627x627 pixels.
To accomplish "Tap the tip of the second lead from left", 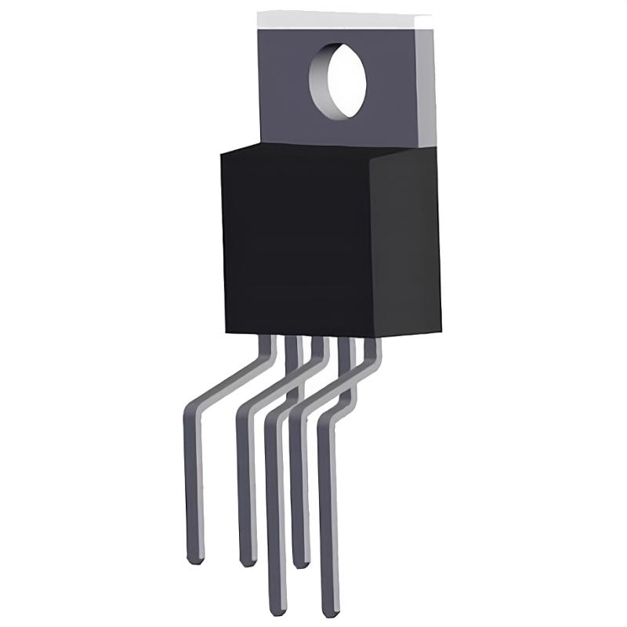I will point(248,561).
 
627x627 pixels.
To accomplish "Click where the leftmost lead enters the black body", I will point(269,339).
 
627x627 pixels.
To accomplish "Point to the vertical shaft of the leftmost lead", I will point(192,486).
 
